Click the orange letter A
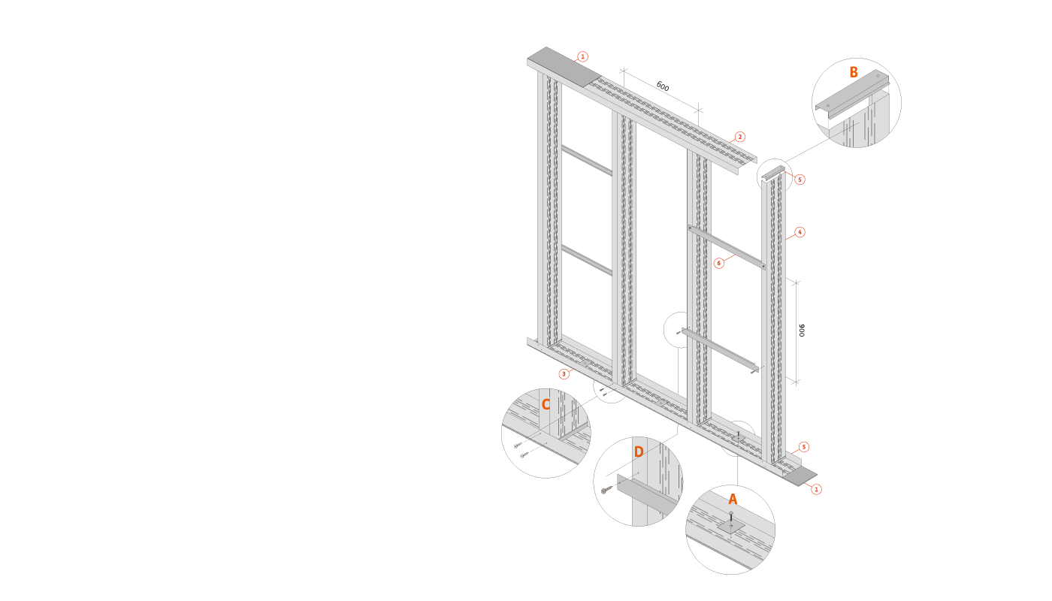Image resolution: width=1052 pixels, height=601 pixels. [733, 499]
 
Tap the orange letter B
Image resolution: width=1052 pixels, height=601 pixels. [854, 73]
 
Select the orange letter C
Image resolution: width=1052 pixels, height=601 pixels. [546, 405]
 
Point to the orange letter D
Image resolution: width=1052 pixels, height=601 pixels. [639, 452]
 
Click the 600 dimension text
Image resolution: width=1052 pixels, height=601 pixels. [662, 86]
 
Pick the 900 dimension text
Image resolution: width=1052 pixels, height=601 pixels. [802, 331]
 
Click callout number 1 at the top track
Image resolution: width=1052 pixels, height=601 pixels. [582, 56]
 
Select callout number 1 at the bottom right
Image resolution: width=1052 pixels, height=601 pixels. [816, 489]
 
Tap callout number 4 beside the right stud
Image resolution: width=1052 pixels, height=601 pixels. [800, 232]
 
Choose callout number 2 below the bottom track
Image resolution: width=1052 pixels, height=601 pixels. [564, 373]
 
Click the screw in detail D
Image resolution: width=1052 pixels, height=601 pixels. [606, 491]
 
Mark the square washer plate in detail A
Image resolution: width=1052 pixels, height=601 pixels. [730, 526]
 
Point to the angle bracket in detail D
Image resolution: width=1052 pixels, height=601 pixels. [646, 493]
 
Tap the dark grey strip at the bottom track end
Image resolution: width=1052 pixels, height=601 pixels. [800, 476]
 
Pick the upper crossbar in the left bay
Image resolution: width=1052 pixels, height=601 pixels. [586, 161]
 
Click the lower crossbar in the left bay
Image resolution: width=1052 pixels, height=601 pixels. [586, 259]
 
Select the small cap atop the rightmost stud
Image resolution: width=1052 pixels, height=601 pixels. [773, 173]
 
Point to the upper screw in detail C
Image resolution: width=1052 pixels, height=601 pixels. [518, 445]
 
